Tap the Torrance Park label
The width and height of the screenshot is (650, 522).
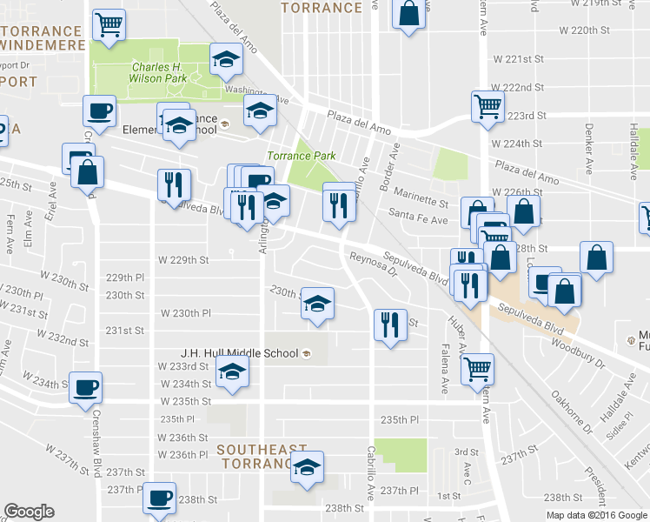coord(301,156)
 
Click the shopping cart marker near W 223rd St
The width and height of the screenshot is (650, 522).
coord(487,107)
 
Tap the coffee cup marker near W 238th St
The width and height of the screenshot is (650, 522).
coord(159,498)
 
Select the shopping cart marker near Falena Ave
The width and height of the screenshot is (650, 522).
coord(477,368)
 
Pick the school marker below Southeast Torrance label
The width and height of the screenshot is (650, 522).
coord(306,467)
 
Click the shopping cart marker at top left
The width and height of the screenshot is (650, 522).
coord(109,25)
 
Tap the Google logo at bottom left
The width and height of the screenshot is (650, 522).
coord(29,512)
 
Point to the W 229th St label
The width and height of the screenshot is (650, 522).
coord(183,259)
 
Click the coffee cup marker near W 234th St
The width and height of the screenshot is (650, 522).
coord(85,388)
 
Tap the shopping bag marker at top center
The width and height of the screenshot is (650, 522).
coord(408,14)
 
